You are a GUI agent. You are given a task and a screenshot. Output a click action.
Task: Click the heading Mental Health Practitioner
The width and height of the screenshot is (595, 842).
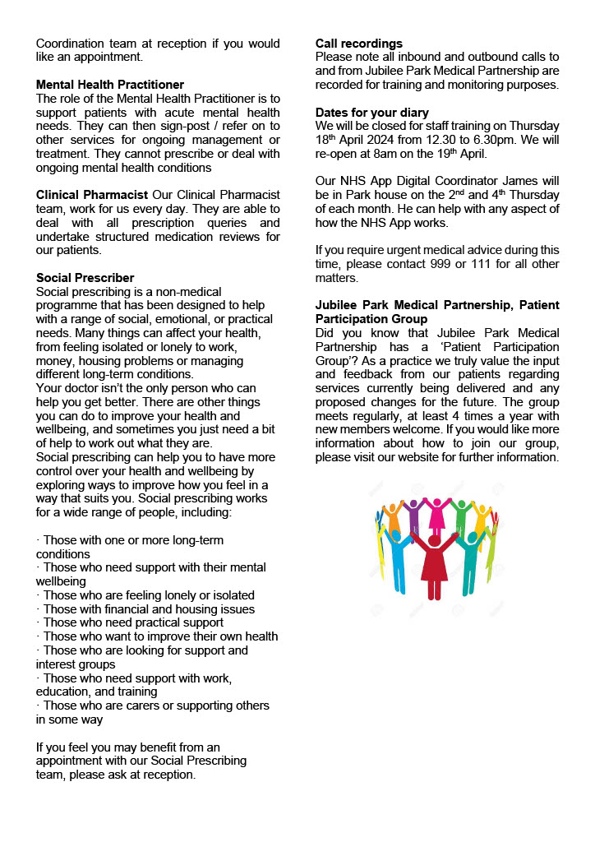(110, 85)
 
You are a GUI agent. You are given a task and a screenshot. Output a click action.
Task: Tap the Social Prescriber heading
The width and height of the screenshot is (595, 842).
(85, 278)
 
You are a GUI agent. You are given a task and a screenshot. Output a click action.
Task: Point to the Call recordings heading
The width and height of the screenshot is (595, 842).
(359, 43)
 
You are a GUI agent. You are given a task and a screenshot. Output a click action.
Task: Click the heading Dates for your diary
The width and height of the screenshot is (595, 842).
(372, 112)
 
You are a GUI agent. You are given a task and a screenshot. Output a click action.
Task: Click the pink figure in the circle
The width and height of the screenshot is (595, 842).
(437, 515)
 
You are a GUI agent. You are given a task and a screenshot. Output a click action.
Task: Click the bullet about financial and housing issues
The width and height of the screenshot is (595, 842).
(149, 609)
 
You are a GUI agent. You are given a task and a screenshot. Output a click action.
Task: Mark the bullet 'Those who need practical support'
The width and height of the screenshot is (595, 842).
(133, 622)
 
